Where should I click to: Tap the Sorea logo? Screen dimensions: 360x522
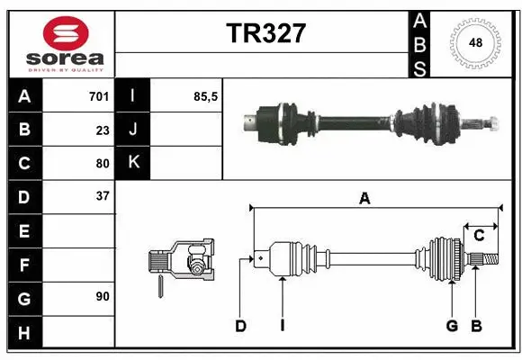pyautogui.click(x=61, y=45)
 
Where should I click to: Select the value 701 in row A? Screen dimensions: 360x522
pyautogui.click(x=99, y=96)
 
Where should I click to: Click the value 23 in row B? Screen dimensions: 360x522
pyautogui.click(x=103, y=130)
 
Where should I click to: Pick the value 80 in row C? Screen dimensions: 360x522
pyautogui.click(x=103, y=164)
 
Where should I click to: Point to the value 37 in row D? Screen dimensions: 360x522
pyautogui.click(x=103, y=196)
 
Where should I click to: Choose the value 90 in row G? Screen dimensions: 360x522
pyautogui.click(x=103, y=295)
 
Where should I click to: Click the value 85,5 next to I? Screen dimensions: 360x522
pyautogui.click(x=206, y=96)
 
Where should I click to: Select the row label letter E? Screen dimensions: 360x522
pyautogui.click(x=24, y=231)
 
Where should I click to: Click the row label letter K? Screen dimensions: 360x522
pyautogui.click(x=133, y=163)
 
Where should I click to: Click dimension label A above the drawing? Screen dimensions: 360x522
pyautogui.click(x=364, y=199)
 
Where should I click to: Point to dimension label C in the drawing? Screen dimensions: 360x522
pyautogui.click(x=479, y=236)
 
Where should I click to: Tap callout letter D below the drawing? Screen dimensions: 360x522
pyautogui.click(x=241, y=326)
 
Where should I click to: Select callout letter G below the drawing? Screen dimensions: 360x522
pyautogui.click(x=452, y=326)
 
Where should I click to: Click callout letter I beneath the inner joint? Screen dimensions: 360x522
pyautogui.click(x=282, y=326)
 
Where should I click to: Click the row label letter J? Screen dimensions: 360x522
pyautogui.click(x=133, y=130)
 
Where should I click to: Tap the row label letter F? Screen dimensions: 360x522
pyautogui.click(x=24, y=265)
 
